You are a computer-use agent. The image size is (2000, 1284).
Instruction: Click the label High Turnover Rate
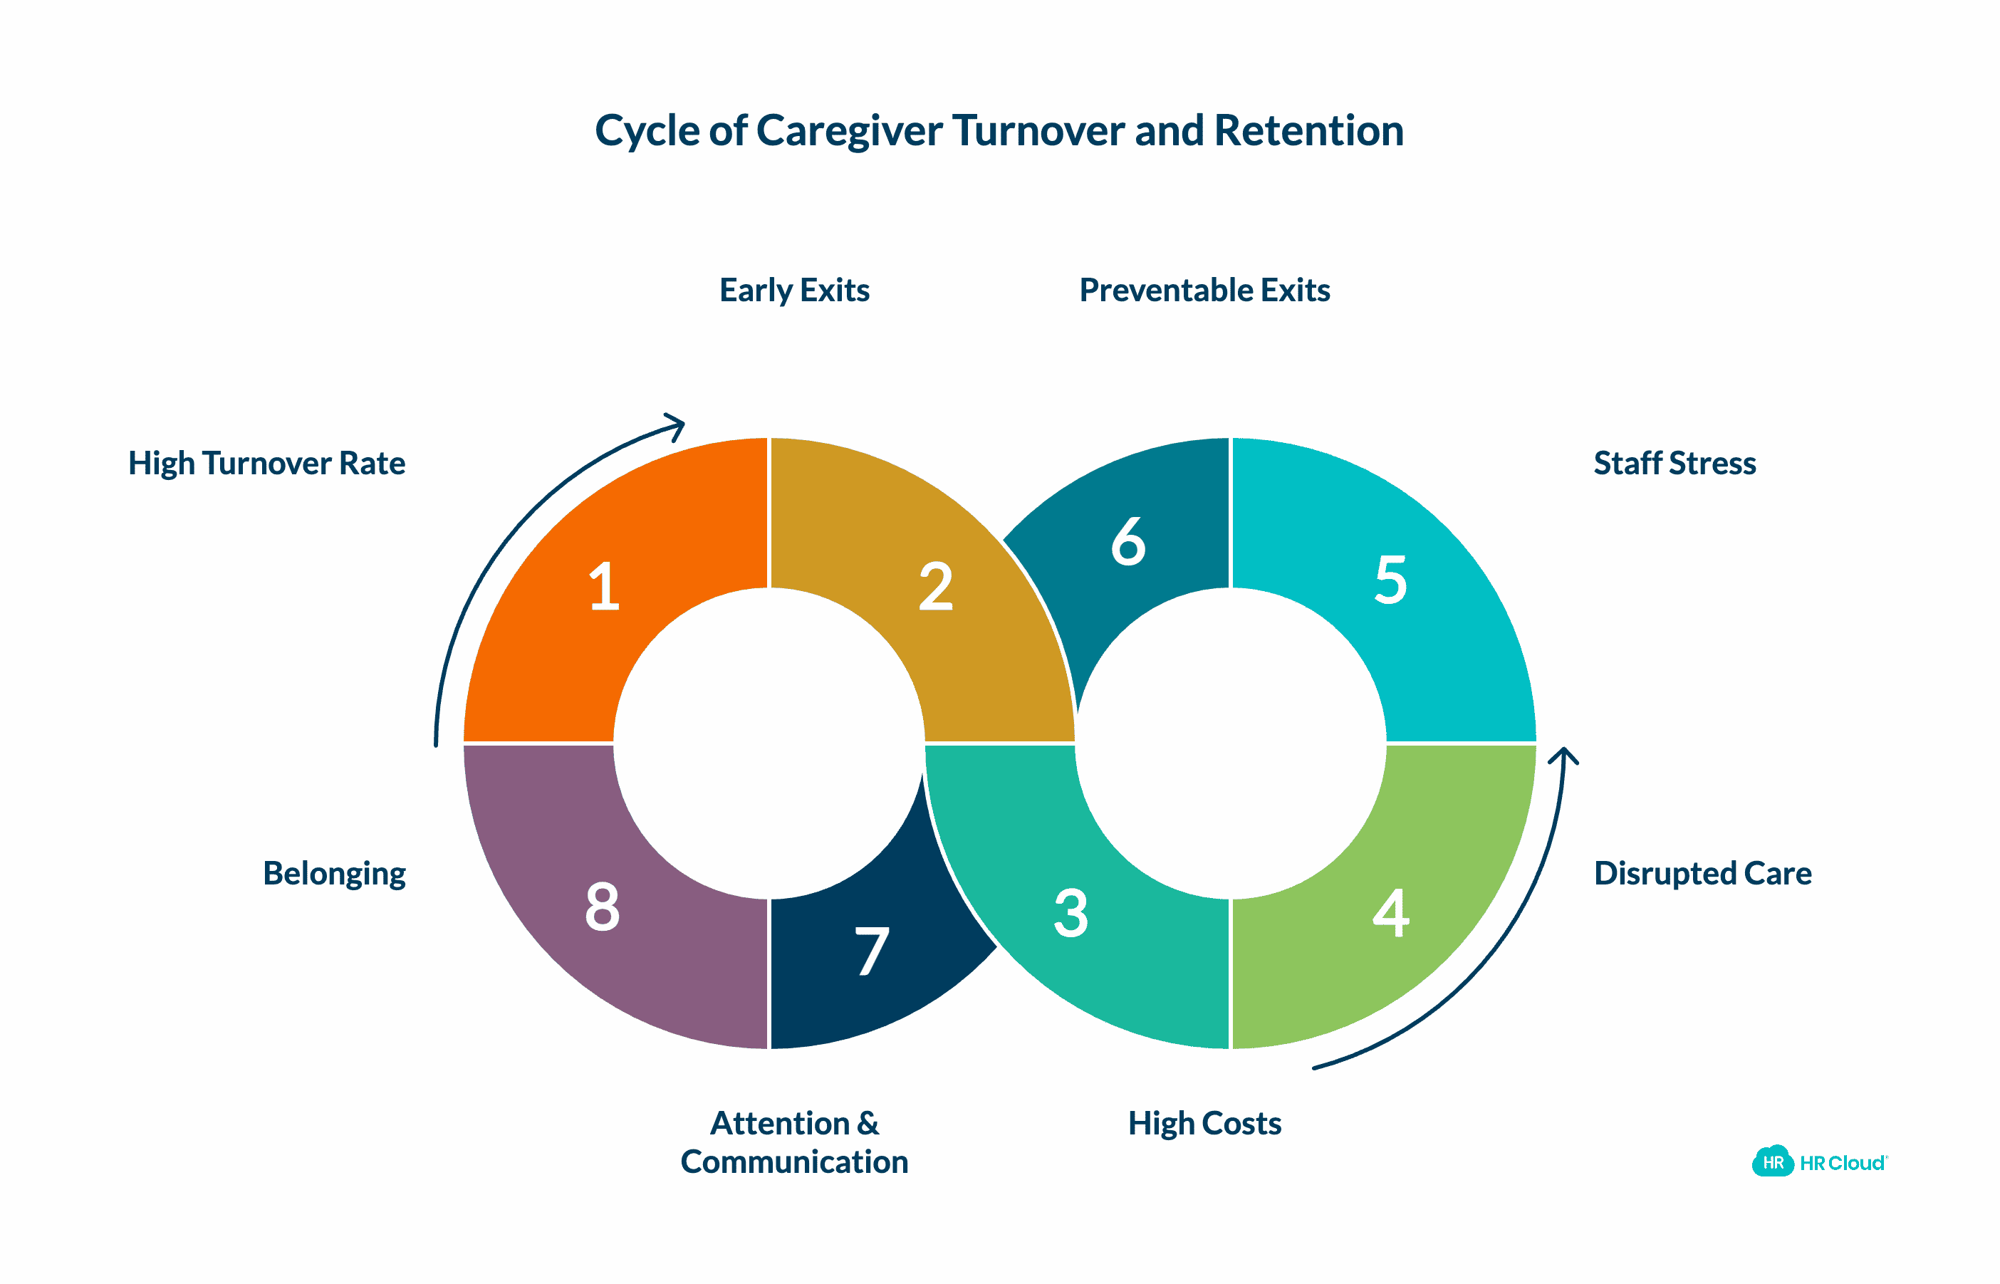point(267,464)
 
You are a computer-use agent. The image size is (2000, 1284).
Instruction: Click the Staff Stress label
point(1674,464)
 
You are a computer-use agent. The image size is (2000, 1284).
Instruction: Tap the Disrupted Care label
point(1702,874)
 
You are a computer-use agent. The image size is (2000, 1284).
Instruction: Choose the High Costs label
point(1204,1124)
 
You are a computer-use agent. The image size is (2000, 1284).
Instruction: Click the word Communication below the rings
point(793,1162)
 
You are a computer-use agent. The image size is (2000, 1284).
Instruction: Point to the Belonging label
point(333,874)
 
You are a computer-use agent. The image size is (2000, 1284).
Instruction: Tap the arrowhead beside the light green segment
point(1564,757)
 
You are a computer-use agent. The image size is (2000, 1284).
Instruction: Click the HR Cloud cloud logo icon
point(1772,1162)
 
